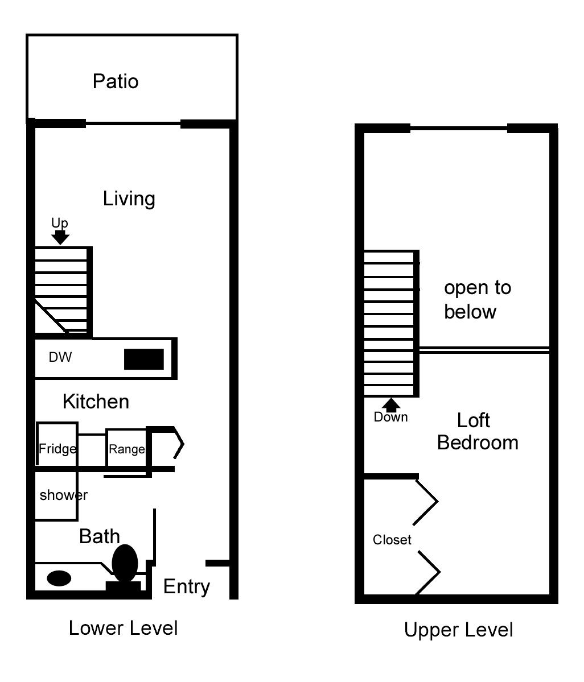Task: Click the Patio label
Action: point(116,81)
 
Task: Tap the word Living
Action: point(129,199)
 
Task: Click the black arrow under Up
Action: point(60,237)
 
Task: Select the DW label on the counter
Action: point(60,357)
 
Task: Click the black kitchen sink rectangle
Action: point(144,359)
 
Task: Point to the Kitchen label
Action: point(96,402)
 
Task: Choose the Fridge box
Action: point(57,444)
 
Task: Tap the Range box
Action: point(126,448)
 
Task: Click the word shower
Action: point(64,495)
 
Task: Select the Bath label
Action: point(99,536)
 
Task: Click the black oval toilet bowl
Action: point(125,563)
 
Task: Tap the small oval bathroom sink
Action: point(59,578)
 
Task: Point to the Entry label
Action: point(187,587)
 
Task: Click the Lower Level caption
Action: point(123,628)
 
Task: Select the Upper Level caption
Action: point(459,630)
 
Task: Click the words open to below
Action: point(478,300)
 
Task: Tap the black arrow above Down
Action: point(391,405)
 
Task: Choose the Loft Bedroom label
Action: point(478,432)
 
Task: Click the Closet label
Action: point(392,540)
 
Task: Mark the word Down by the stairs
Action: point(391,417)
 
